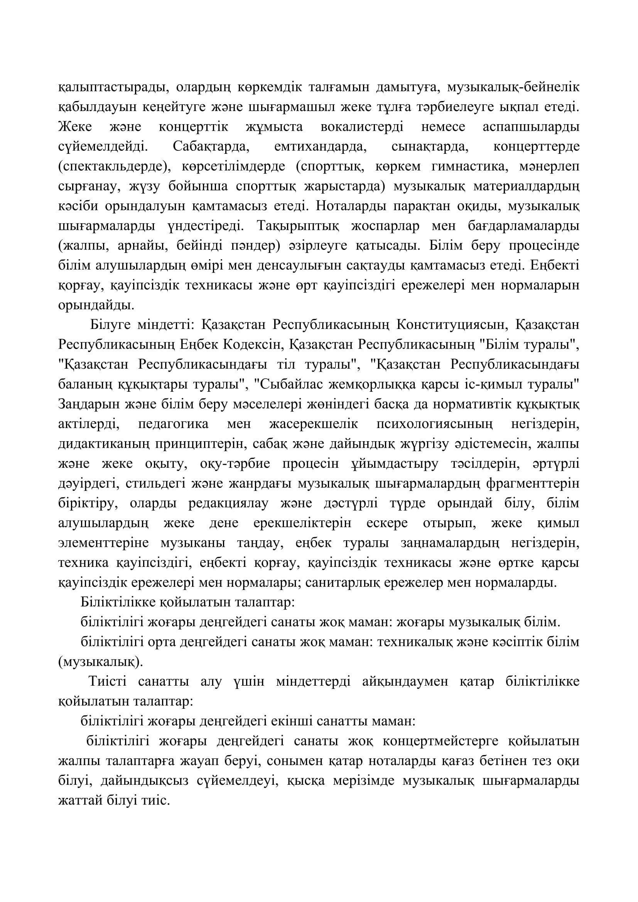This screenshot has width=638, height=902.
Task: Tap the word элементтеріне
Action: click(104, 543)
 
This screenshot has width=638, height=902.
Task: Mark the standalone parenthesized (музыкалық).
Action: click(101, 663)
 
